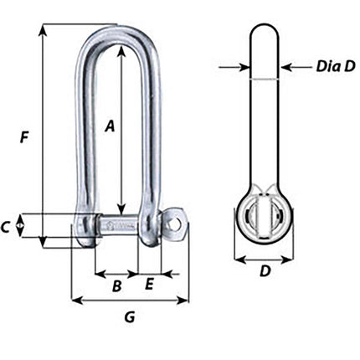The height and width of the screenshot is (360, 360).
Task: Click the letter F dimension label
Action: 26,136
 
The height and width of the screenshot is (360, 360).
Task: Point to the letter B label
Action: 117,285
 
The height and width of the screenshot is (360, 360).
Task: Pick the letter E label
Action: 149,285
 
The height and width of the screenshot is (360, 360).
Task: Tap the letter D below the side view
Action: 264,272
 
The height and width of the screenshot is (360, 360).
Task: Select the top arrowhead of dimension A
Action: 122,48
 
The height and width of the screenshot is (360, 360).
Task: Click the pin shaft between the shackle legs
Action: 118,224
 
